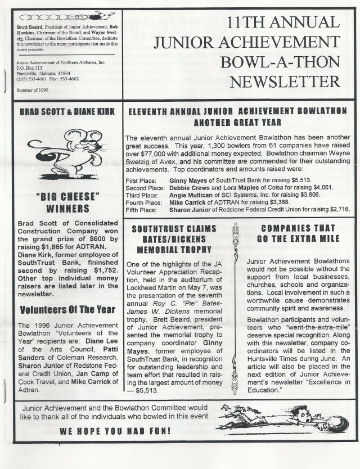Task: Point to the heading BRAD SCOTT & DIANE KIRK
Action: click(x=64, y=112)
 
